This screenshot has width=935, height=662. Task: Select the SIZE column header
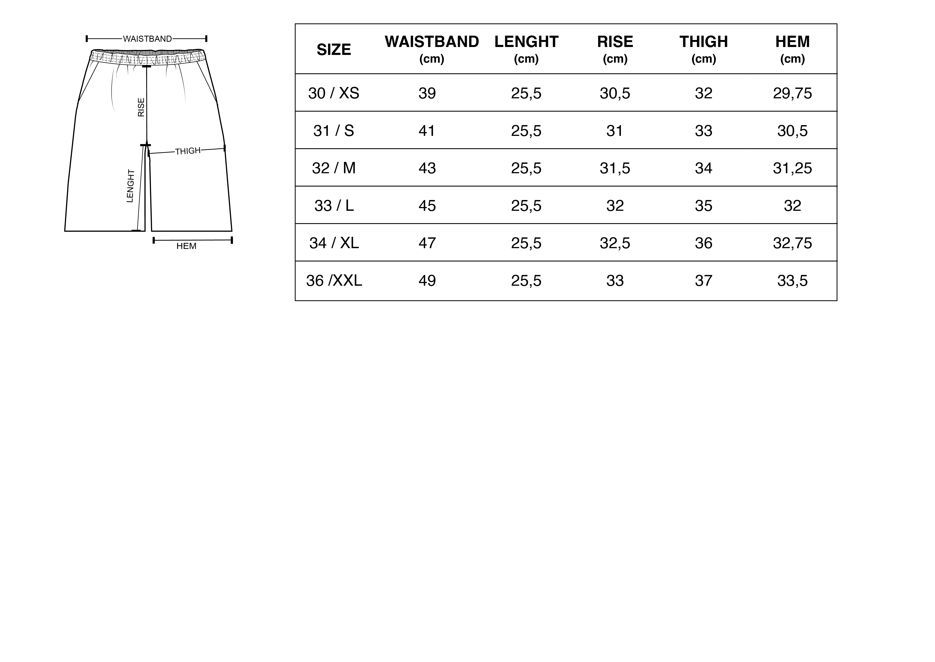tap(334, 50)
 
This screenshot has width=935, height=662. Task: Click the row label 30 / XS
tap(334, 93)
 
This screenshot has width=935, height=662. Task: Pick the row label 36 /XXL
tap(334, 280)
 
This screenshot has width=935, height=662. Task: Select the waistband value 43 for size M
tap(427, 168)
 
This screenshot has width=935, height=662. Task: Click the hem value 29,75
tap(793, 93)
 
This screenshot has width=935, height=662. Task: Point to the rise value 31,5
tap(615, 168)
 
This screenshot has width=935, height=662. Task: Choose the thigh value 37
tap(704, 280)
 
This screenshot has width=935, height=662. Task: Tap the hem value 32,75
tap(793, 243)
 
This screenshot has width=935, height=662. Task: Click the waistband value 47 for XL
tap(427, 243)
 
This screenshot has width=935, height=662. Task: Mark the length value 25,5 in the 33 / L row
tap(526, 206)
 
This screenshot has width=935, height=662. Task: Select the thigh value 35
tap(704, 206)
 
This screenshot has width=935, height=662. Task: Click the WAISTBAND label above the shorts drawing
tap(147, 39)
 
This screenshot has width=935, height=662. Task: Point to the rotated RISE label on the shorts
tap(141, 107)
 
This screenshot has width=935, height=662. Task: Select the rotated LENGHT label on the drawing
tap(130, 186)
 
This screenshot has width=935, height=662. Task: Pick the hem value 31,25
tap(793, 168)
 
